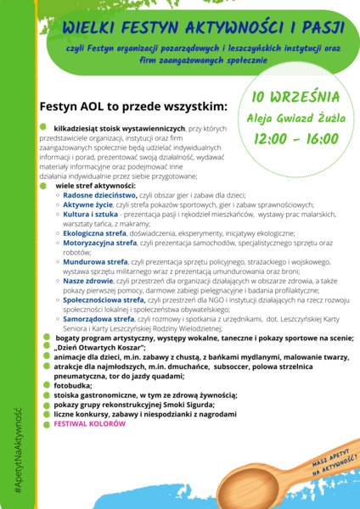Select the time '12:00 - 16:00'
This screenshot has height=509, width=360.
coord(296,137)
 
